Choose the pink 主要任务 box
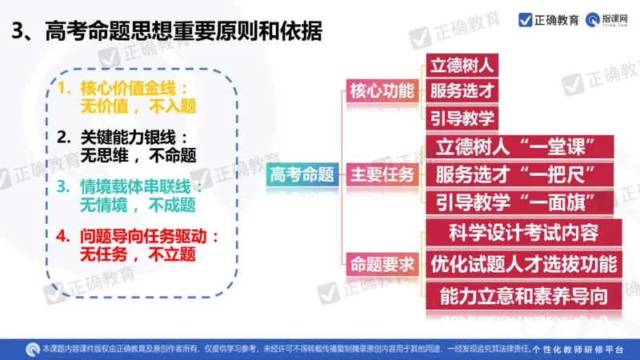pyautogui.click(x=382, y=174)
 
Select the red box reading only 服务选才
pyautogui.click(x=463, y=90)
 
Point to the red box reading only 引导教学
pyautogui.click(x=463, y=118)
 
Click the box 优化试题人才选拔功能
pyautogui.click(x=524, y=263)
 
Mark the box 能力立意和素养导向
pyautogui.click(x=524, y=296)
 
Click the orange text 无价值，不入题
pyautogui.click(x=138, y=105)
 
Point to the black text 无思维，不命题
pyautogui.click(x=138, y=154)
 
